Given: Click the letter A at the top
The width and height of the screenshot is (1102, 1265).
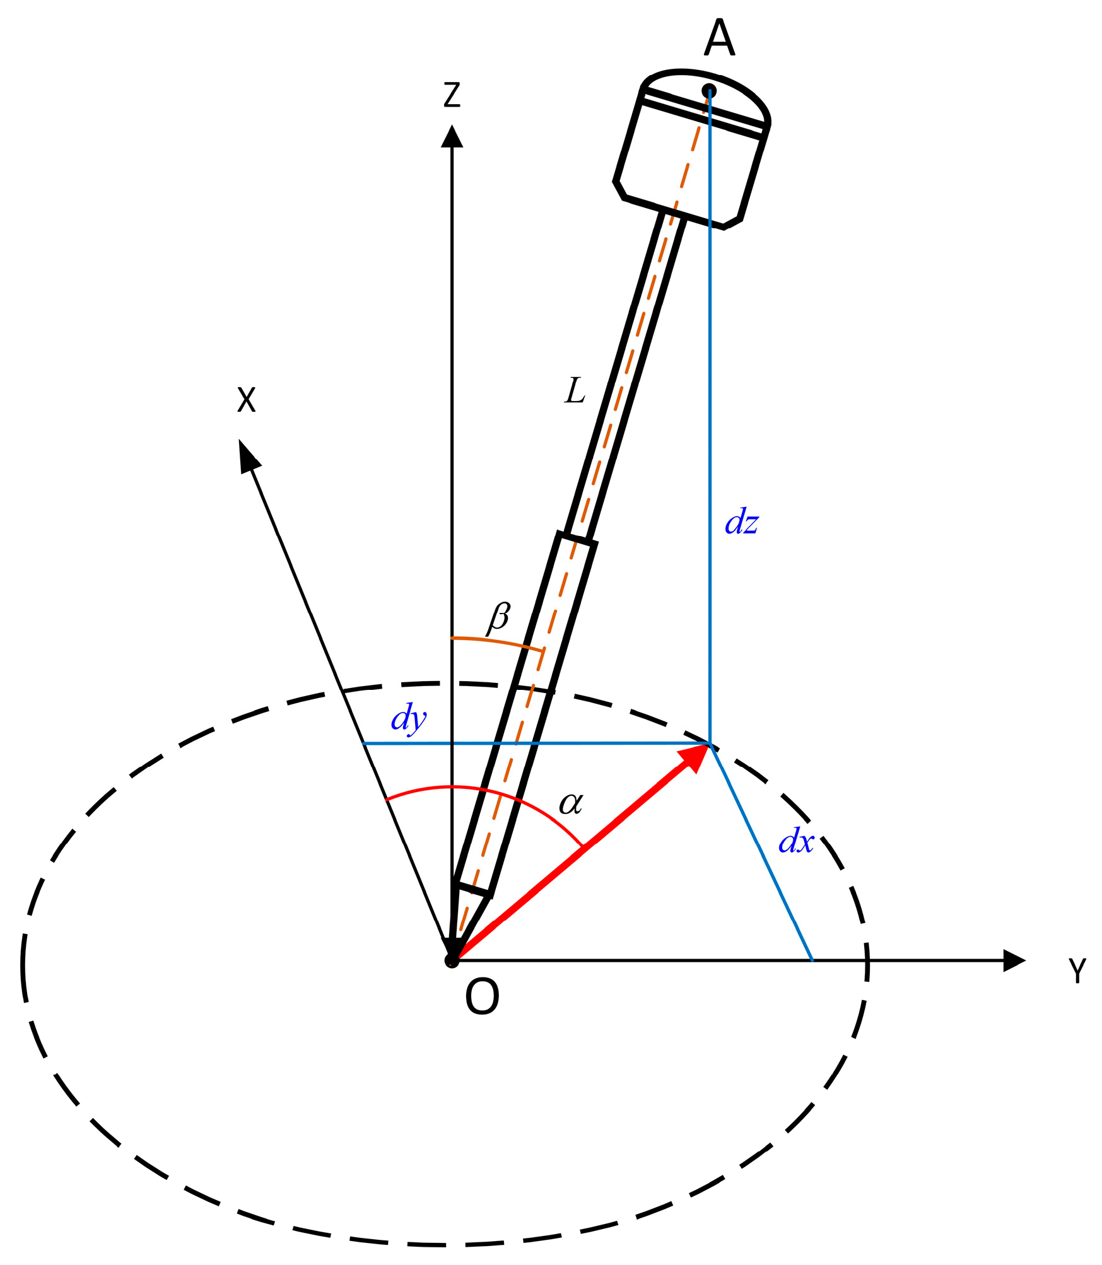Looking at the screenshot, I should tap(719, 38).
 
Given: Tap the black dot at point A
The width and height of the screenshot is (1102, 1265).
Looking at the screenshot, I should tap(709, 91).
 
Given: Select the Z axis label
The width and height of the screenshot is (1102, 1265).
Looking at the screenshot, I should tap(452, 95).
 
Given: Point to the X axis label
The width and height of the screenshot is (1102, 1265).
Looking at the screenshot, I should tap(247, 400).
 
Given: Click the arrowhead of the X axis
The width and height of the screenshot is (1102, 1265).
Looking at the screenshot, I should tap(248, 455).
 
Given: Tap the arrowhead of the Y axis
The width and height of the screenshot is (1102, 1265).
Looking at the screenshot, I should tap(1014, 960).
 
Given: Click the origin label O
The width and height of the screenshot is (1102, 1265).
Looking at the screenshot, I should tap(482, 997).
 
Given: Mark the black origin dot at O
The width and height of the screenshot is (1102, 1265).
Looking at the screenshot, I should tap(452, 960).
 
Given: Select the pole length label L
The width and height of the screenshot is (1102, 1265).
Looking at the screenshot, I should tap(575, 391).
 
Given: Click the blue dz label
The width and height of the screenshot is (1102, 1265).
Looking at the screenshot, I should tap(741, 523).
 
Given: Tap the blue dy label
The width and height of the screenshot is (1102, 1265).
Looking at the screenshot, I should tap(409, 718).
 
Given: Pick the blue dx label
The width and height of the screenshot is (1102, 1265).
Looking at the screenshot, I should tap(796, 842).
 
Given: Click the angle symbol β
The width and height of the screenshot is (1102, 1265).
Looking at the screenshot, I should tap(498, 617).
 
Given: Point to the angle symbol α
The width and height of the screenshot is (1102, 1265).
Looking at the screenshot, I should tap(571, 803).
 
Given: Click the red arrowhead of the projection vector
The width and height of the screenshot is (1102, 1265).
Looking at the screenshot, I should tap(695, 757).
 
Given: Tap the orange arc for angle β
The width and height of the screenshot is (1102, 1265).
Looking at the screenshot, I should tap(498, 642).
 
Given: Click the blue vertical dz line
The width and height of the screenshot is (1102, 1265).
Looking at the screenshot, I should tap(710, 441).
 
